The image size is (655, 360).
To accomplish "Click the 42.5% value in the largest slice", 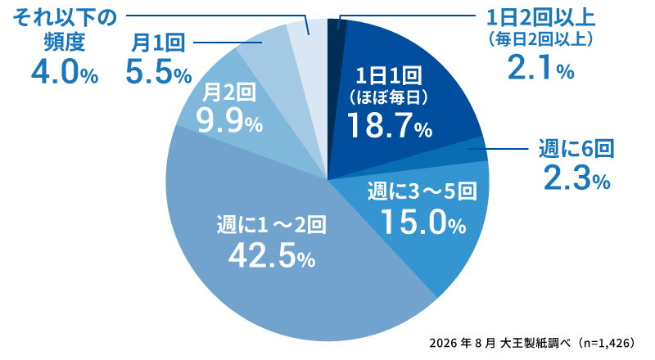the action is tap(272, 255).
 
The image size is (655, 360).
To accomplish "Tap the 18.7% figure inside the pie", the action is tap(390, 125).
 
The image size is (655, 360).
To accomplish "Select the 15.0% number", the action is tap(423, 223).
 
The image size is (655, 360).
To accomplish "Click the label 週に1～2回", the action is tap(272, 225).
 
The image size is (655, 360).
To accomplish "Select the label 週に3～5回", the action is tap(422, 191).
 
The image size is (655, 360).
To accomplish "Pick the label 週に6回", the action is tap(576, 149).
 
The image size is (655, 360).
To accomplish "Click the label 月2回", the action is tap(229, 92).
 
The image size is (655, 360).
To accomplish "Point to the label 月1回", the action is tap(158, 43).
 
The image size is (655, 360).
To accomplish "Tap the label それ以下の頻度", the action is tap(65, 30).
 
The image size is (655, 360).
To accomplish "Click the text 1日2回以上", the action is tap(541, 18).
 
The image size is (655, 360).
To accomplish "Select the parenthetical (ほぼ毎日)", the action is tap(389, 98).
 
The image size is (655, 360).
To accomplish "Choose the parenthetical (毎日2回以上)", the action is tap(540, 39).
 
